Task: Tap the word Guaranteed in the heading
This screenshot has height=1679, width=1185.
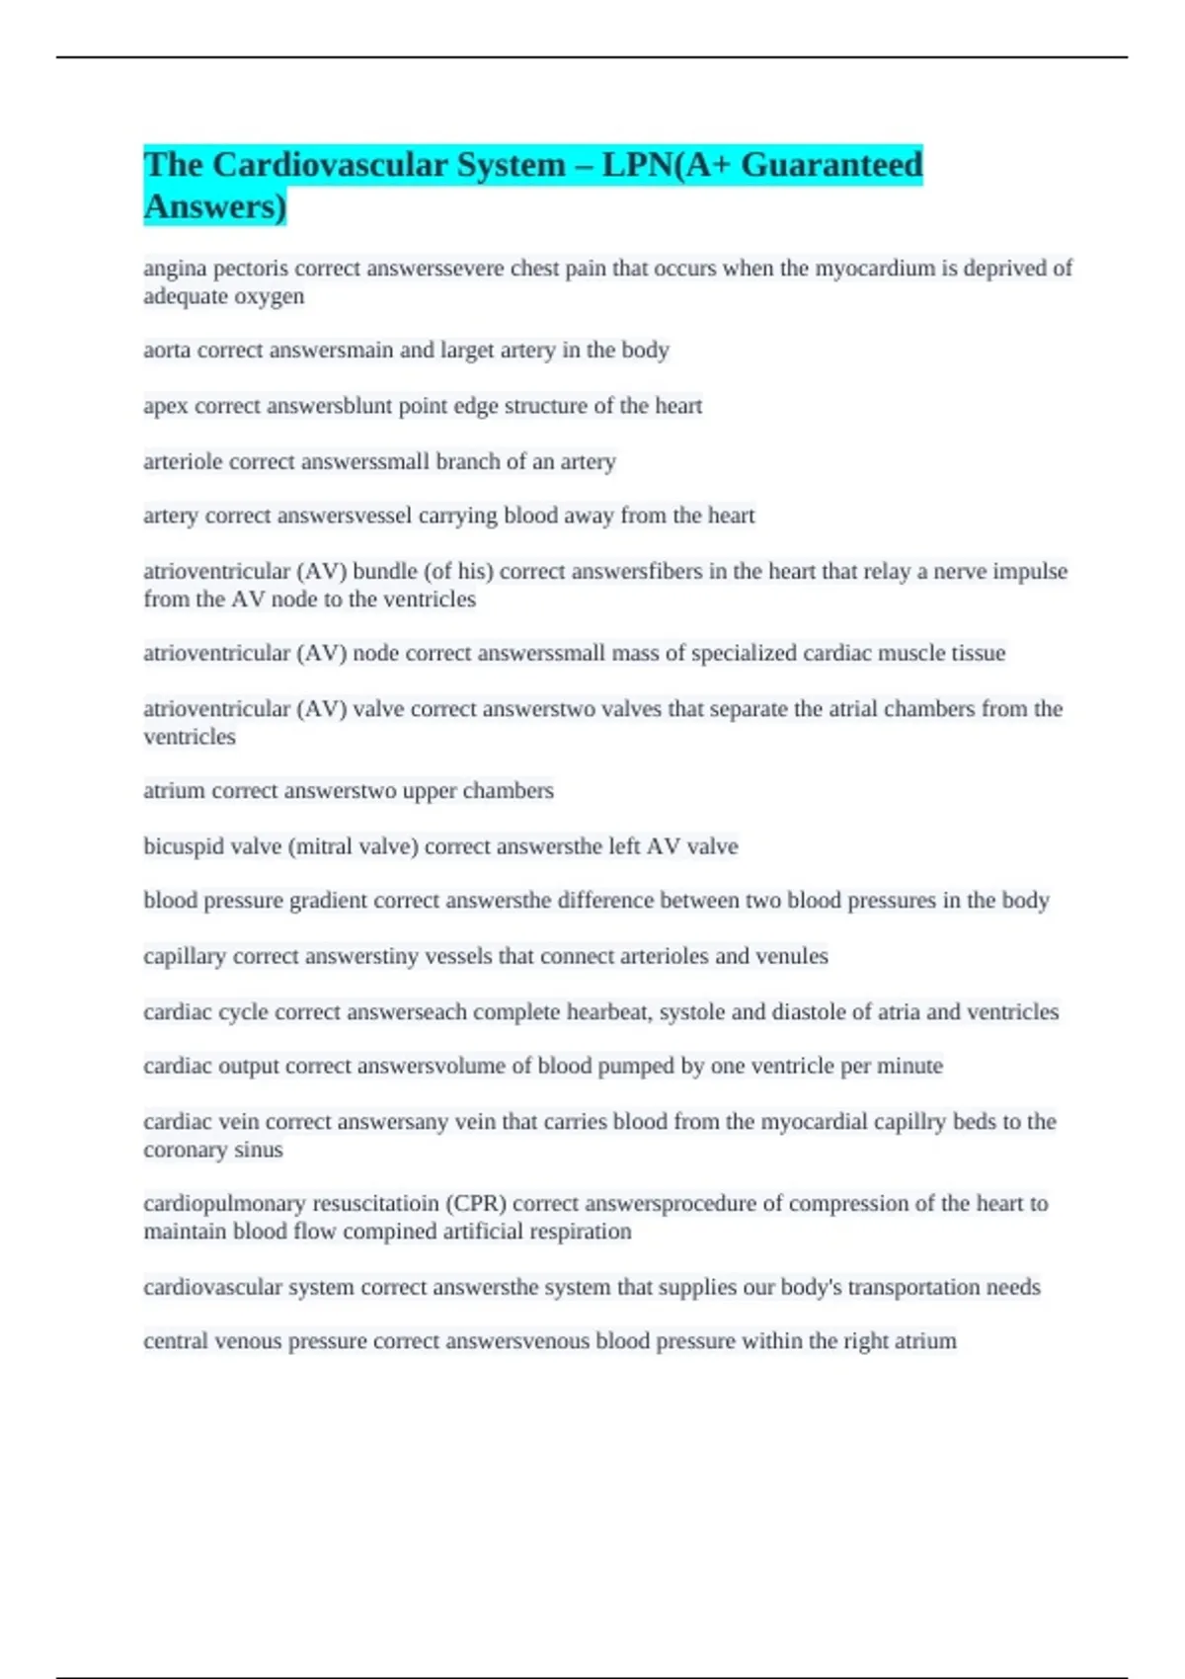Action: [x=831, y=165]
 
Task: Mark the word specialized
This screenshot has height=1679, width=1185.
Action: [x=744, y=654]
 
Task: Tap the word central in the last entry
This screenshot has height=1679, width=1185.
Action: [x=175, y=1341]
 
